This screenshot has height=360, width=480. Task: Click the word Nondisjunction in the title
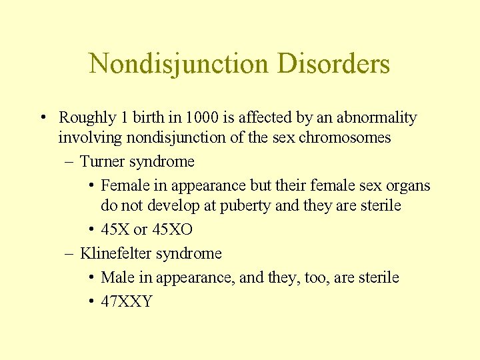coord(179,64)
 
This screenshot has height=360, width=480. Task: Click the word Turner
coord(102,161)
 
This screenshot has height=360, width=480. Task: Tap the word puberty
coord(245,205)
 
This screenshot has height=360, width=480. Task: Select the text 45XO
coord(172,230)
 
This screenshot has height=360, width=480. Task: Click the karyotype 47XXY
coord(127,301)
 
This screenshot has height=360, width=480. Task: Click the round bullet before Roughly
coord(42,119)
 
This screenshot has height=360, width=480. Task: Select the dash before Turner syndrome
coord(69,162)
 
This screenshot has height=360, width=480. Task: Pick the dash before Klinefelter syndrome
coord(69,254)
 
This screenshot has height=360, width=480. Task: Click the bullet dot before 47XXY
coord(91,302)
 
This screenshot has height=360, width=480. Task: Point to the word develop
coord(171,205)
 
